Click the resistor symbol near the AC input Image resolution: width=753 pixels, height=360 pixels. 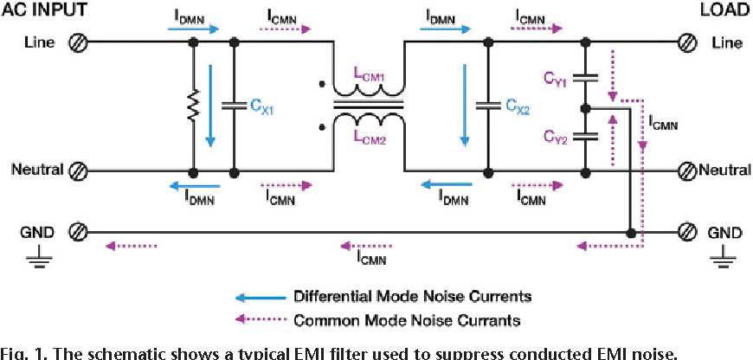pos(191,106)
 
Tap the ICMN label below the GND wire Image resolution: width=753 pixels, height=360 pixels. pos(372,257)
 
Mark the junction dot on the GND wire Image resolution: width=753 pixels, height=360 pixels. pos(632,232)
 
